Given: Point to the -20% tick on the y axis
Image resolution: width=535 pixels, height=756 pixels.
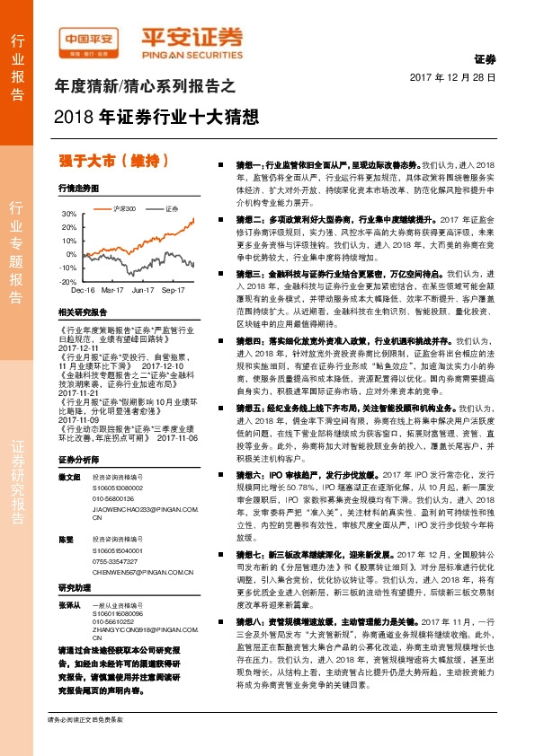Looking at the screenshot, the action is coord(68,281).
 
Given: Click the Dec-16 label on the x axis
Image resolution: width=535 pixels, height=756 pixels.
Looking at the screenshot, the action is coord(83,291).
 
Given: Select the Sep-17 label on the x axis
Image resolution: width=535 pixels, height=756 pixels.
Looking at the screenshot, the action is coord(171,291).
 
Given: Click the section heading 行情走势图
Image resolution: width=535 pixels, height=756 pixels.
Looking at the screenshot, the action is coord(77,189).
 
